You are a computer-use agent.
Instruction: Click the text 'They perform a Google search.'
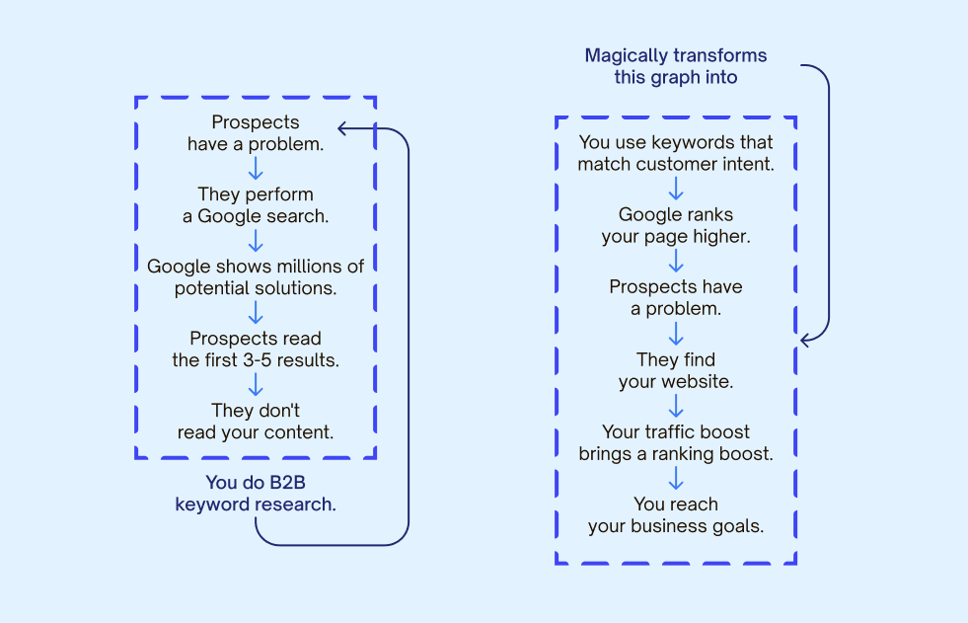click(x=256, y=205)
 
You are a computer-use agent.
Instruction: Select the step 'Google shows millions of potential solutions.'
click(x=256, y=277)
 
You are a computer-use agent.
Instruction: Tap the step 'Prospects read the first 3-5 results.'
click(x=256, y=350)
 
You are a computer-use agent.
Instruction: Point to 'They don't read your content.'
click(x=256, y=422)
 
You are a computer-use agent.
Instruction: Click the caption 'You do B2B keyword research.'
click(x=256, y=494)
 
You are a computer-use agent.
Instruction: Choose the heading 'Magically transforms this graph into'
click(x=676, y=66)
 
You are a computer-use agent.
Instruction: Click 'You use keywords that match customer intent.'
click(x=676, y=153)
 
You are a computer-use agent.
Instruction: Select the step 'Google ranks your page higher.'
click(x=676, y=226)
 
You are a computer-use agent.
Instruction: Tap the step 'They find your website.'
click(x=676, y=370)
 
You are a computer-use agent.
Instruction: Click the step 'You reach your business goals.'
click(x=676, y=515)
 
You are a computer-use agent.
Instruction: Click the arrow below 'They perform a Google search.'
click(x=256, y=241)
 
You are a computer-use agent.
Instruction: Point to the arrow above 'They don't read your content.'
click(x=256, y=385)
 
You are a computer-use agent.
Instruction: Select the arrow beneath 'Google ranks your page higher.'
click(x=676, y=261)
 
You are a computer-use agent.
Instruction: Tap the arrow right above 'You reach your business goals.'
click(x=676, y=479)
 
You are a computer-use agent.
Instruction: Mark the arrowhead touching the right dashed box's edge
click(x=805, y=340)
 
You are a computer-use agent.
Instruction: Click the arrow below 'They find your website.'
click(x=676, y=406)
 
